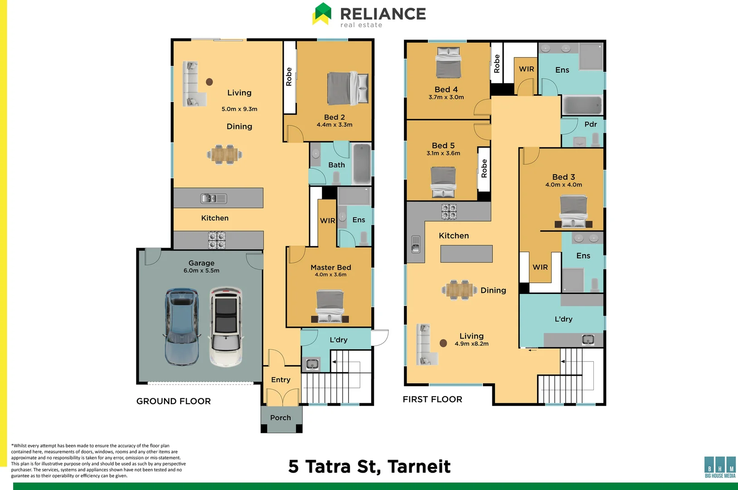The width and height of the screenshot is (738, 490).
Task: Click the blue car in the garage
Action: [182, 327]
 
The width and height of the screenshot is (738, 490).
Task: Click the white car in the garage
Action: [226, 327]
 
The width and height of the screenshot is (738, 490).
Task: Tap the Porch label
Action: [280, 417]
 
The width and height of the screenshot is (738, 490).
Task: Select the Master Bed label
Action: [331, 267]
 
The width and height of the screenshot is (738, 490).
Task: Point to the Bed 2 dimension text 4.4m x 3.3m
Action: [335, 125]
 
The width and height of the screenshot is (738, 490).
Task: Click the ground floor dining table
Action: [224, 154]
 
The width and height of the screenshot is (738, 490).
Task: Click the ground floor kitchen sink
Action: [214, 198]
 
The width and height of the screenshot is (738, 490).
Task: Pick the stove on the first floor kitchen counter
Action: [449, 212]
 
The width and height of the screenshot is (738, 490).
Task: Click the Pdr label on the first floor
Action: [590, 124]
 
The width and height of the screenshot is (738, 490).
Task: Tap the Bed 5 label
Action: [443, 146]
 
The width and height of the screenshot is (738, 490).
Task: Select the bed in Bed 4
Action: [448, 62]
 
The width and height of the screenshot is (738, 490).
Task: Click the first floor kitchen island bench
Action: [466, 254]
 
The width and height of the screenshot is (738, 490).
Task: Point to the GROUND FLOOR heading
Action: [173, 401]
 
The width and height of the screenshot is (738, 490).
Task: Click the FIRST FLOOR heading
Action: [432, 399]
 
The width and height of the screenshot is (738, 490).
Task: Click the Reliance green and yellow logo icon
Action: [322, 14]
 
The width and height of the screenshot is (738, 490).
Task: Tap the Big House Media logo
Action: [720, 467]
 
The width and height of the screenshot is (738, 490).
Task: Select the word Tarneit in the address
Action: [419, 466]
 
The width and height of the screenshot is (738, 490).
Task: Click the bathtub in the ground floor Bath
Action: [362, 163]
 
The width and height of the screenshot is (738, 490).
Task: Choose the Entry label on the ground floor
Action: [281, 380]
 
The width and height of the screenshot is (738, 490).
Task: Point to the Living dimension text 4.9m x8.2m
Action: [471, 343]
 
